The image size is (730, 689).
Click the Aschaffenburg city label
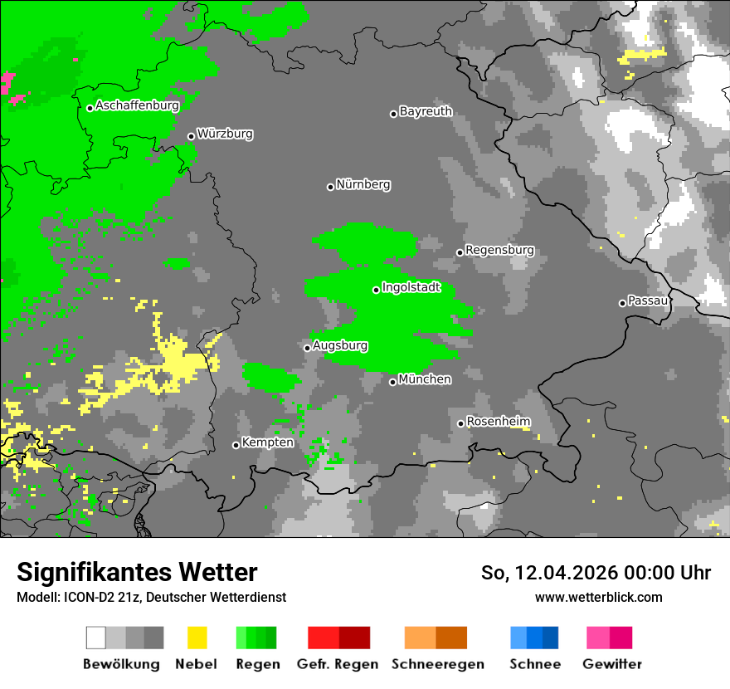coord(137,105)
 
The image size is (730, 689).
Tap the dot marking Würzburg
coord(191,136)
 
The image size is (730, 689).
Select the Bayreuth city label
coord(426,111)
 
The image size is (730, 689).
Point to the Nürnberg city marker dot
coord(330,187)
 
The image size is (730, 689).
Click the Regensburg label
coord(499,250)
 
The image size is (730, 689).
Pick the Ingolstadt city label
coord(411,288)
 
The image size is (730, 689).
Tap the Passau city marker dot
coord(622,303)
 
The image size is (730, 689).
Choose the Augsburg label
coord(340,345)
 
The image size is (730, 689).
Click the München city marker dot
coord(392,382)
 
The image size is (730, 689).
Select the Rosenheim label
coord(499,422)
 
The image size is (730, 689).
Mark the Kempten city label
coord(267,442)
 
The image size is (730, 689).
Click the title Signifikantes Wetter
coord(137,572)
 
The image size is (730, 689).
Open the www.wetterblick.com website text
coord(598,597)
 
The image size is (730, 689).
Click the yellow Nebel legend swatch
coord(197,638)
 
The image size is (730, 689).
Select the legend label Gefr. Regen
coord(337,664)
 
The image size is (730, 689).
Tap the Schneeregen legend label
coord(437,664)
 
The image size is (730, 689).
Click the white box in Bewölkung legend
coord(96,638)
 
